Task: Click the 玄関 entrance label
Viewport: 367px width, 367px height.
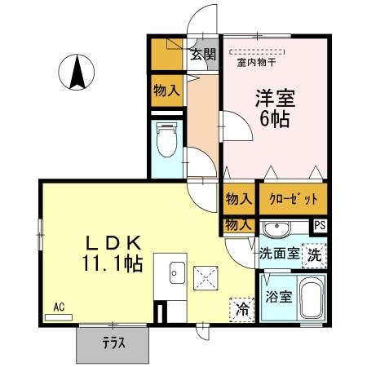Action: [x=203, y=55]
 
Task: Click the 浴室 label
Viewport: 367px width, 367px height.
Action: [x=278, y=297]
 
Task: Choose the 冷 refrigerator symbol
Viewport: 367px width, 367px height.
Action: [x=241, y=309]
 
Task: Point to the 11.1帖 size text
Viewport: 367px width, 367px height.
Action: [x=113, y=263]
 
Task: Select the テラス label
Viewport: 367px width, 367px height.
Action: [x=113, y=343]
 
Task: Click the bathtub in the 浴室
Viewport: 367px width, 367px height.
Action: [x=312, y=298]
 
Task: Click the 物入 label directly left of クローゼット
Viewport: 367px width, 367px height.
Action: [x=237, y=198]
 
